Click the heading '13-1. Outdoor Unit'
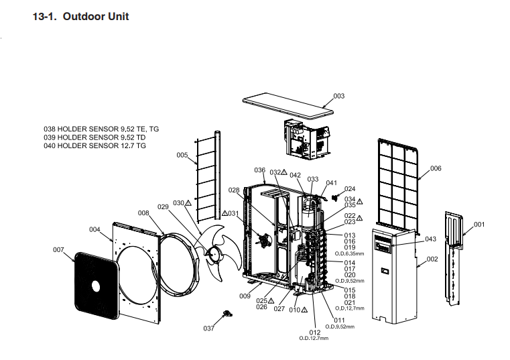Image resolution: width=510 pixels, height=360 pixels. click(x=80, y=16)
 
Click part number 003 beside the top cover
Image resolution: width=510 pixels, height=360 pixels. click(x=339, y=96)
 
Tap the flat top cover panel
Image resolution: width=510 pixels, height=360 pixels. click(x=288, y=107)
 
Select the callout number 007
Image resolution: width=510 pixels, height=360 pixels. click(x=58, y=249)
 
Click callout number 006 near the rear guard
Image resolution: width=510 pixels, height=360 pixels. click(x=436, y=168)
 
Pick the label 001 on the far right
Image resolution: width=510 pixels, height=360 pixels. click(x=479, y=224)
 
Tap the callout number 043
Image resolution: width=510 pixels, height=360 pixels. click(x=430, y=239)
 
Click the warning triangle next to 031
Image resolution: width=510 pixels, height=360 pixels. click(x=225, y=214)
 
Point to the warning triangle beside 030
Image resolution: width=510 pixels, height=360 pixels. click(x=189, y=202)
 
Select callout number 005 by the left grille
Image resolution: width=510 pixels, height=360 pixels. click(x=182, y=155)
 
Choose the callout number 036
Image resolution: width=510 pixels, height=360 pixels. click(x=260, y=170)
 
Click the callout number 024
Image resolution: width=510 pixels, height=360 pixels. click(x=350, y=189)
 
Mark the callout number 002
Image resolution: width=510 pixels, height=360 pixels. click(x=432, y=259)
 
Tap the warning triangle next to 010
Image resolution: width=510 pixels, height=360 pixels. click(x=304, y=310)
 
